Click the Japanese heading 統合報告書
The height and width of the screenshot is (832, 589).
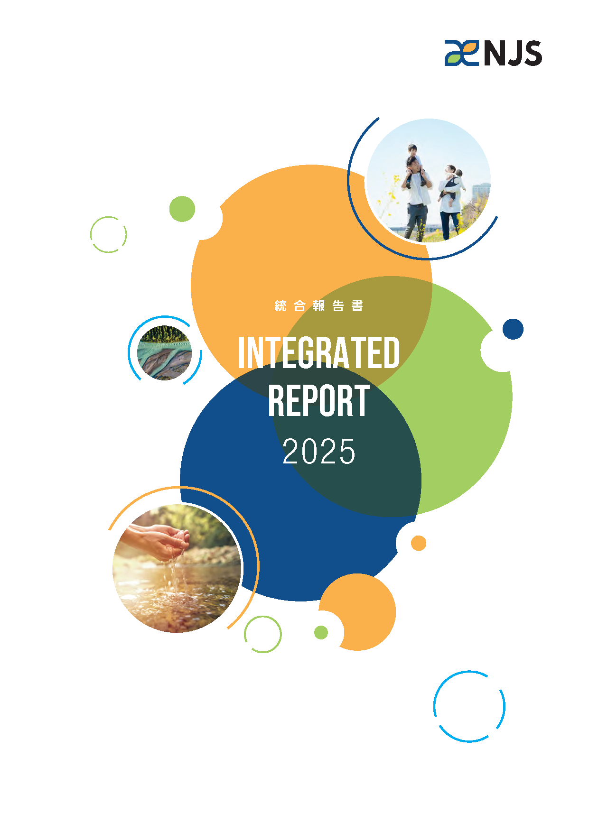point(318,306)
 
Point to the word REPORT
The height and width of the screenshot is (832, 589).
point(318,401)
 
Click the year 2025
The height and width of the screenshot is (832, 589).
point(318,451)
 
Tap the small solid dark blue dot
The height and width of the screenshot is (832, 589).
point(513,329)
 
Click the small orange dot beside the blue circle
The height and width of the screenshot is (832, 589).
point(418,543)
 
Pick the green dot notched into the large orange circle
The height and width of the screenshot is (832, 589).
point(182,209)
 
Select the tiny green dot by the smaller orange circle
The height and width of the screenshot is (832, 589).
point(321,632)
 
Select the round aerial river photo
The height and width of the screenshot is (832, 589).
point(164,352)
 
